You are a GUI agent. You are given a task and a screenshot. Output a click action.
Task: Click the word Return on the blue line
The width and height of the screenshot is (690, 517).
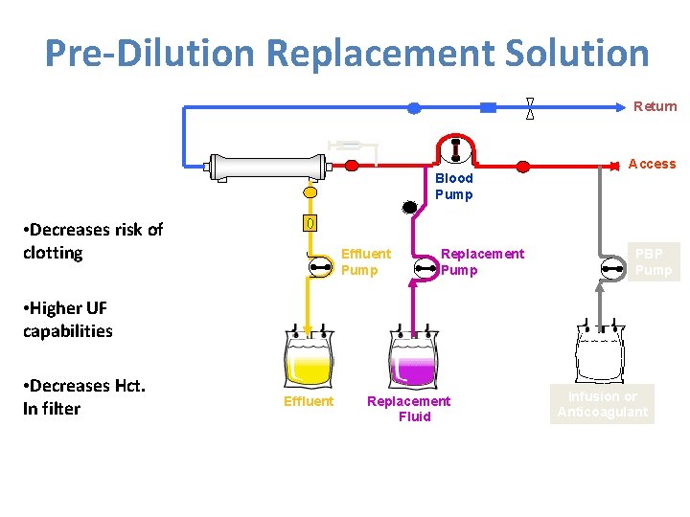coord(655,106)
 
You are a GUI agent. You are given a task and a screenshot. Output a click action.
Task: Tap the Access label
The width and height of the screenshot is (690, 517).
coord(652,164)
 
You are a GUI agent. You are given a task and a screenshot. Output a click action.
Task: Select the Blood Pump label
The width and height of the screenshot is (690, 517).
coord(453,186)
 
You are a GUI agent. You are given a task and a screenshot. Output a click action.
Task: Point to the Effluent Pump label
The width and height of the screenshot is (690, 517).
coord(365,261)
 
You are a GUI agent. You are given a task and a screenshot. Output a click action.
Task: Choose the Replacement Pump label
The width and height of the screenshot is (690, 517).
coord(481,261)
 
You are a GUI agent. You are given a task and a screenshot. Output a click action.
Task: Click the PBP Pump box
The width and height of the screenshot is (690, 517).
coord(654,261)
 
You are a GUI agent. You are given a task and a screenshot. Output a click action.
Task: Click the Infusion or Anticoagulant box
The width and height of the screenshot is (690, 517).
coord(603,404)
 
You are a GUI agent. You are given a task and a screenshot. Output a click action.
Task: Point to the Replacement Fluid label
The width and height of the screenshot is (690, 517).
coord(409,409)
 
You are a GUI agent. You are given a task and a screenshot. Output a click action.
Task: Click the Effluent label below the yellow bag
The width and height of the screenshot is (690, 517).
coord(309,401)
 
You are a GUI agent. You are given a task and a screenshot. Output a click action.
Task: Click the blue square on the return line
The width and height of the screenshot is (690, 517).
coord(488,108)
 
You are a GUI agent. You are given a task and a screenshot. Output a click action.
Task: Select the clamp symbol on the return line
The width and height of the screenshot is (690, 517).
coord(530,108)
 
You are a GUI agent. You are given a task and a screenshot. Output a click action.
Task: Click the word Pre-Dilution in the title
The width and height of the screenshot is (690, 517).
coord(150,53)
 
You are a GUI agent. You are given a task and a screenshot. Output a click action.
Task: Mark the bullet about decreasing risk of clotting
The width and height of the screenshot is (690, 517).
coord(92,241)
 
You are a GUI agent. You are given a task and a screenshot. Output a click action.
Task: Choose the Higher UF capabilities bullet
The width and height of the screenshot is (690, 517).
coord(69,320)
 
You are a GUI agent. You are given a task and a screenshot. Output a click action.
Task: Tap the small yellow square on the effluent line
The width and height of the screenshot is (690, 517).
coord(310,224)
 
